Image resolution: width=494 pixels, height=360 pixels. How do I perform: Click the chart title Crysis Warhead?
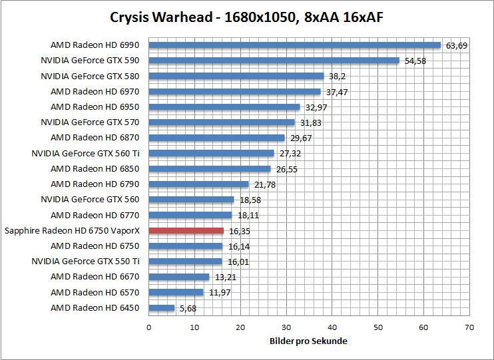click(x=246, y=17)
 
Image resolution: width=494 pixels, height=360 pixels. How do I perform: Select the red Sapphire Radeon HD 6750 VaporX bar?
click(x=186, y=231)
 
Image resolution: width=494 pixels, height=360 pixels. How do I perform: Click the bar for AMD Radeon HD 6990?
click(x=294, y=45)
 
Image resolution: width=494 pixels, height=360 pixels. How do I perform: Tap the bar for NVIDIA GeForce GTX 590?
click(x=274, y=61)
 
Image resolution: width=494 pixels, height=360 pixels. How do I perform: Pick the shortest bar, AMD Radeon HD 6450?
click(x=162, y=308)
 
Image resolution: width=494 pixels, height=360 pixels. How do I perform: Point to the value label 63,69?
click(x=457, y=46)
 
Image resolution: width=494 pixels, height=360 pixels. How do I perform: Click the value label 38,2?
click(x=336, y=77)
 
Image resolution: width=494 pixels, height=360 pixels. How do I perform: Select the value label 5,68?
click(x=187, y=308)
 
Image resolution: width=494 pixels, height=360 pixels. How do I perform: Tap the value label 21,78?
click(x=262, y=184)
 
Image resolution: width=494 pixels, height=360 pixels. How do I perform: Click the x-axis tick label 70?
click(x=469, y=327)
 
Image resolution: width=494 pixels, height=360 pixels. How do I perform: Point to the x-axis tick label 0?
click(x=148, y=327)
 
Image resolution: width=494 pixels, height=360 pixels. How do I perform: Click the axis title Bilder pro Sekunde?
click(x=308, y=341)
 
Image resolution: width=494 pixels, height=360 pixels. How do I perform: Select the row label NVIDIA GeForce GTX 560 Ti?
click(x=86, y=153)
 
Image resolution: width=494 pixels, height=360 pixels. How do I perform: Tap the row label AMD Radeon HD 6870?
click(x=95, y=138)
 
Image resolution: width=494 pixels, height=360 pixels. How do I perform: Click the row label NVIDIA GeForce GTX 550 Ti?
click(x=86, y=261)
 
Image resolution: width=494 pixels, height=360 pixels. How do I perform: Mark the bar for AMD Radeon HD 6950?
click(x=224, y=107)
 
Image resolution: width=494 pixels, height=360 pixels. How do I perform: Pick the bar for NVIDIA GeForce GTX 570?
click(x=222, y=122)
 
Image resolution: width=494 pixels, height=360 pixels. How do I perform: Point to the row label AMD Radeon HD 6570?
click(x=95, y=292)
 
